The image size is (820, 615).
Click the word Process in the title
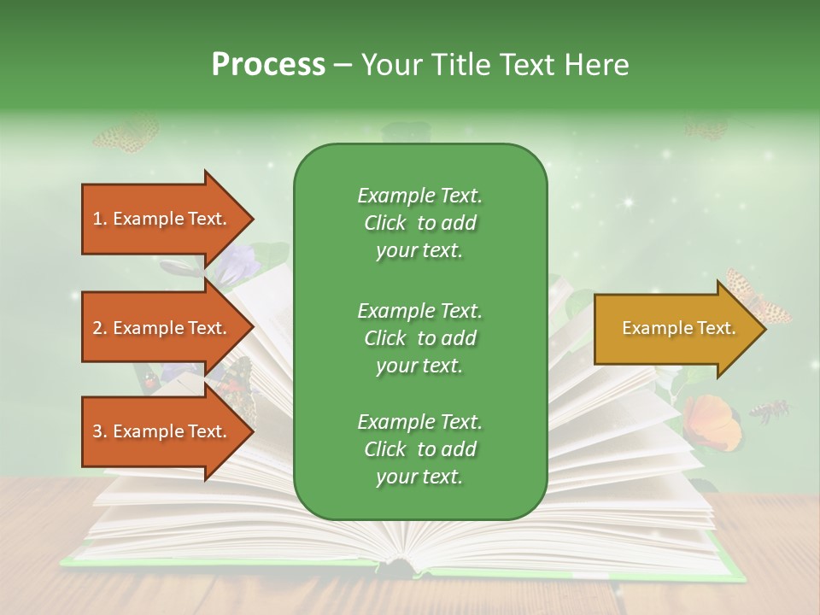click(x=268, y=65)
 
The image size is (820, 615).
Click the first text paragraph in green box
click(x=419, y=223)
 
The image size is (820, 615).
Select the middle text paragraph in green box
click(x=419, y=338)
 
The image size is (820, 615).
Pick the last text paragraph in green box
click(x=419, y=449)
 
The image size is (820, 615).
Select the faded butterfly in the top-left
click(x=126, y=134)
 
